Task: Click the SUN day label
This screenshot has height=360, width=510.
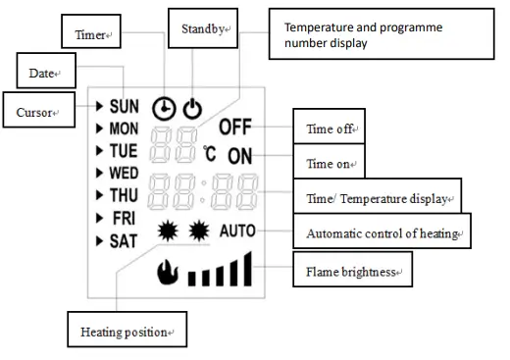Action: pyautogui.click(x=125, y=105)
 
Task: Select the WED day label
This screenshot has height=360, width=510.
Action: pyautogui.click(x=125, y=173)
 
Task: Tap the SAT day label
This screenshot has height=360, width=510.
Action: pyautogui.click(x=124, y=239)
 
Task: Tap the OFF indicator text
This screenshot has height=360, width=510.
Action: pyautogui.click(x=235, y=128)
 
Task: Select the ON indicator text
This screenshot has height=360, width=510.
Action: pyautogui.click(x=241, y=156)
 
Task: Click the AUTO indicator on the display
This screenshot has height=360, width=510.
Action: pyautogui.click(x=237, y=231)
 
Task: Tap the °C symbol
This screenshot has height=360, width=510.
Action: pyautogui.click(x=211, y=154)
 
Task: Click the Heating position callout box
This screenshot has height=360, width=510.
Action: pyautogui.click(x=127, y=332)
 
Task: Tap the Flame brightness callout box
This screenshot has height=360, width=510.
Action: pyautogui.click(x=350, y=269)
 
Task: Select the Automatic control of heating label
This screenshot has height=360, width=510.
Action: pyautogui.click(x=383, y=233)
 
